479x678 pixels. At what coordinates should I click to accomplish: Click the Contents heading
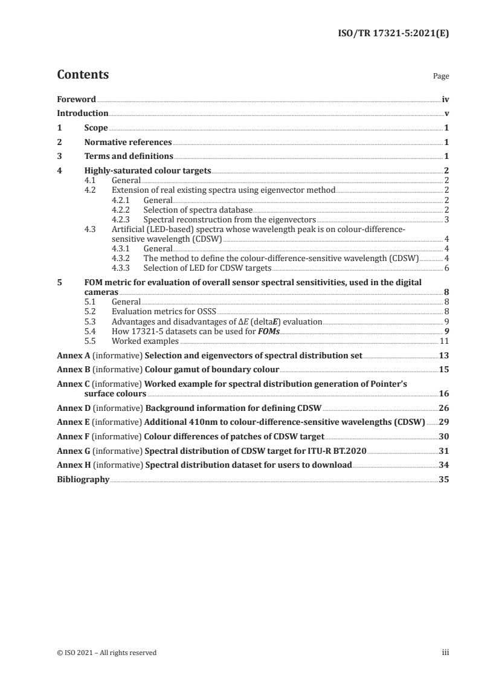(83, 75)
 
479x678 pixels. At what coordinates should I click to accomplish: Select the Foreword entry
(76, 99)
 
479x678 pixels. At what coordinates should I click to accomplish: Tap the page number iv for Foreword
(445, 99)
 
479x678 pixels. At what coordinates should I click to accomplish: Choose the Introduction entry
(83, 114)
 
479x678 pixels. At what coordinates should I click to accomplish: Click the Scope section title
(96, 128)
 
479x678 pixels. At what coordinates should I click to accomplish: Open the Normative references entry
(128, 143)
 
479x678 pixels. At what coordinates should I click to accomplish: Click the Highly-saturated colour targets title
(147, 172)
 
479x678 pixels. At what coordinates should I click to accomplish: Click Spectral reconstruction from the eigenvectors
(230, 219)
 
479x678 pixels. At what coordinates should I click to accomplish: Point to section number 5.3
(90, 321)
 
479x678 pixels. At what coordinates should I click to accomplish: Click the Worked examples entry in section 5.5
(145, 340)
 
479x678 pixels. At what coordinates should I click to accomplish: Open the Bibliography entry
(83, 479)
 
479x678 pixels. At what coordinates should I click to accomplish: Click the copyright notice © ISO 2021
(107, 653)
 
